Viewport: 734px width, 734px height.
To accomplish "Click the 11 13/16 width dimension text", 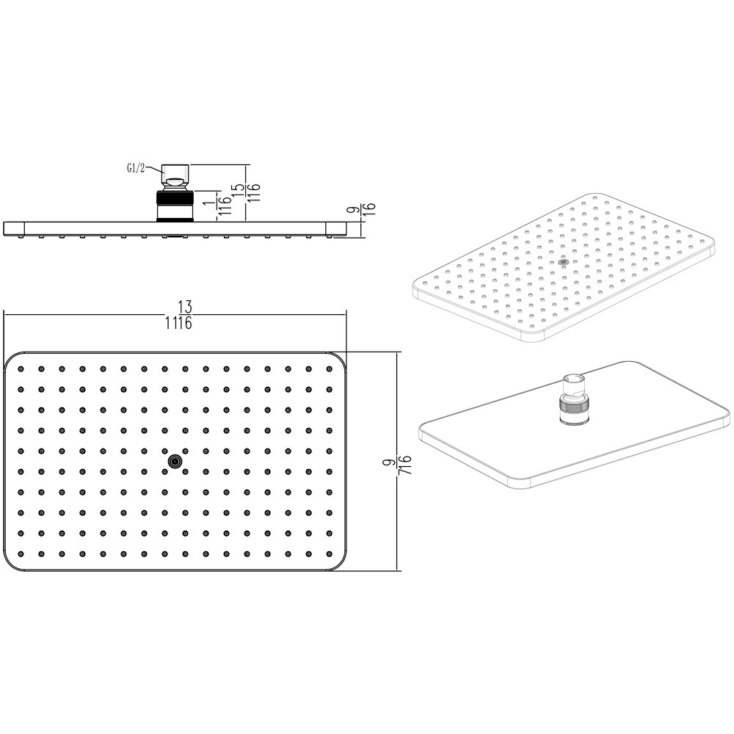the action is tap(178, 315).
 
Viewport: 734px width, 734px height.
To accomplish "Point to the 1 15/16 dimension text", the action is tap(246, 193).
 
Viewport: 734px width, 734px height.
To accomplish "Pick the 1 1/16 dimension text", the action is tap(219, 206).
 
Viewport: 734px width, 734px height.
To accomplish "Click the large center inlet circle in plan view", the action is tap(175, 462).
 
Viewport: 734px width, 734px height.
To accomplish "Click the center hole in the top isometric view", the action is tap(563, 263).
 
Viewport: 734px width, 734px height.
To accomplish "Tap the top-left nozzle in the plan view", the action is tap(21, 369).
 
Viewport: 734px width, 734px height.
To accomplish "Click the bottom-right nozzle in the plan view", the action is tap(329, 553).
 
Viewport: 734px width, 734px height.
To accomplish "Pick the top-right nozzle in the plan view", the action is tap(329, 369).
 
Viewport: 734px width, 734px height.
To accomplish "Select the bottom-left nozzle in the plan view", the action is tap(21, 553).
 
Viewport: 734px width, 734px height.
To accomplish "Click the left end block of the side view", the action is tap(14, 228).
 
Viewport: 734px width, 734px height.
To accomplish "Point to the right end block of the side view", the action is tap(335, 228).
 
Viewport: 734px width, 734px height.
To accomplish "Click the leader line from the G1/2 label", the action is tap(153, 169).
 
